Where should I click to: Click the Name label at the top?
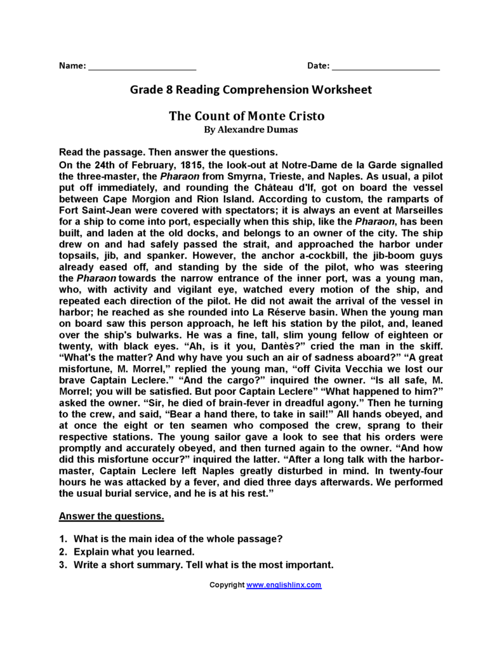(72, 66)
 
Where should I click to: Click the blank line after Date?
(386, 67)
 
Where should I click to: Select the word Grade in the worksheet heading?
(145, 90)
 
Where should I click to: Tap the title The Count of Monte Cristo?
(247, 116)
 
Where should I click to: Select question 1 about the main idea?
(178, 539)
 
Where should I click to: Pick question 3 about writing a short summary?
(203, 564)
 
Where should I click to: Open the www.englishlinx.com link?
(284, 585)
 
